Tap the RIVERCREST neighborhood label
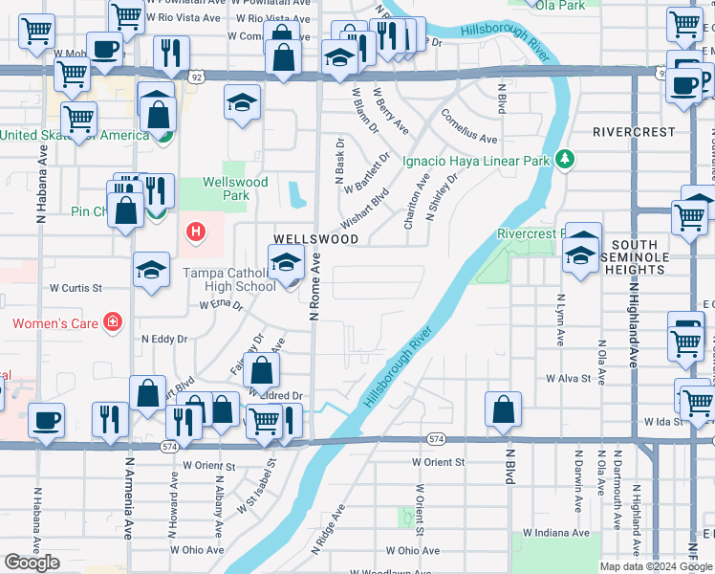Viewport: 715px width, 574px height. [x=633, y=131]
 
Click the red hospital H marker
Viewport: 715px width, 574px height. [x=196, y=232]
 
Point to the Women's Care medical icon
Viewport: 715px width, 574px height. [x=113, y=322]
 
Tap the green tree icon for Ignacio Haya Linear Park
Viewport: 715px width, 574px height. [x=565, y=160]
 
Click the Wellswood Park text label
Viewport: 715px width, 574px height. [x=226, y=189]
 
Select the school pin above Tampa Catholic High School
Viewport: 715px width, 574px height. [x=286, y=263]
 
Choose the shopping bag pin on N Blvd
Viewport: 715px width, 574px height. [x=503, y=409]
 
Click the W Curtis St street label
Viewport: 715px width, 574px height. [x=76, y=287]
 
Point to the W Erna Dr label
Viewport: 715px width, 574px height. [x=222, y=304]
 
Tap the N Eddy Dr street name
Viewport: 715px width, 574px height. [x=164, y=339]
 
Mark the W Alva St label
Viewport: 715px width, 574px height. [x=569, y=379]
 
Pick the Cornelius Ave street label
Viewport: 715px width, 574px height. [x=468, y=126]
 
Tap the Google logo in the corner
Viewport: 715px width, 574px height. [x=32, y=563]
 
